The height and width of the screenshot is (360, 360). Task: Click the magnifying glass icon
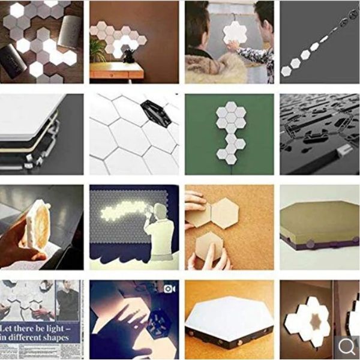click(x=347, y=346)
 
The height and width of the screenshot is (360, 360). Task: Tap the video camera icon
click(x=169, y=289)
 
